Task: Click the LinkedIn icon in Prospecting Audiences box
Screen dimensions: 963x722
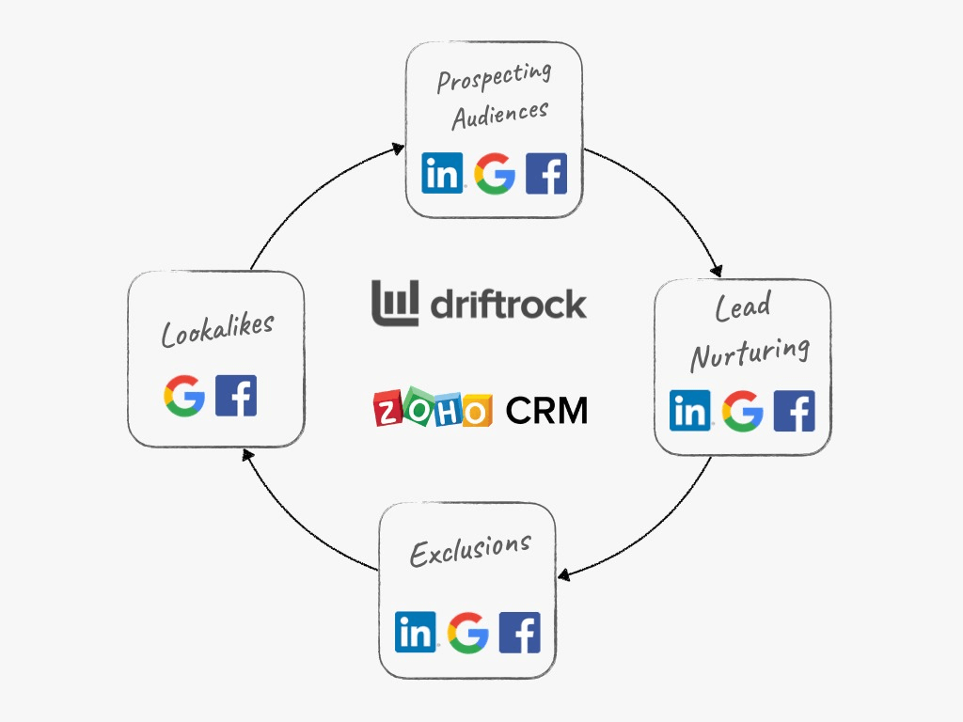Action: point(442,173)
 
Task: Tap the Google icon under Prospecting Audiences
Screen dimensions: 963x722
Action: point(495,174)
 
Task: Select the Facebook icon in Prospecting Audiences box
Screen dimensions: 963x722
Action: point(546,173)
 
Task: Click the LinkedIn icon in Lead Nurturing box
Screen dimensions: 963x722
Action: point(690,410)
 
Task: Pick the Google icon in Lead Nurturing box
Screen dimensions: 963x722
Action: point(743,411)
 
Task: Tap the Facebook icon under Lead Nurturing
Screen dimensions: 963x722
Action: point(794,410)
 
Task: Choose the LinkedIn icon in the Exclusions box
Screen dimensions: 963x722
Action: point(416,632)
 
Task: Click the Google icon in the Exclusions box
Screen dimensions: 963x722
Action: point(468,633)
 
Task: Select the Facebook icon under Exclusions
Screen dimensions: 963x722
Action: point(520,632)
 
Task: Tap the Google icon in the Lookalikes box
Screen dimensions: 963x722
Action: point(184,396)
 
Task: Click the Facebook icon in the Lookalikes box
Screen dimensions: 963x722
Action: point(236,396)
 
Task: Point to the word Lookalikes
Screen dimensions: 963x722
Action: point(217,330)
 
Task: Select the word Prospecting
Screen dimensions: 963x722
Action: point(495,78)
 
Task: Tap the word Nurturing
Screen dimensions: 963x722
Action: point(750,353)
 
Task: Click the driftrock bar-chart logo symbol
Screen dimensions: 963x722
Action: point(395,303)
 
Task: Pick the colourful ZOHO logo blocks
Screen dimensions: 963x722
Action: point(433,407)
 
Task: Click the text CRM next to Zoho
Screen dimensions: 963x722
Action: point(546,410)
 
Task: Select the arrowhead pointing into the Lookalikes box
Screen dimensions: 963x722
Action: point(247,455)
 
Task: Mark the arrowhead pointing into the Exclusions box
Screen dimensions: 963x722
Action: point(564,575)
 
